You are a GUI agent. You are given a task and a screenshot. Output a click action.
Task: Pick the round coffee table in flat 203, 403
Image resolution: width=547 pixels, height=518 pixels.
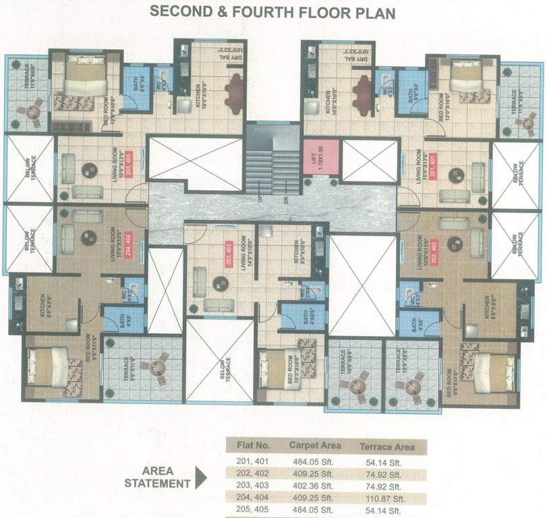click(x=220, y=283)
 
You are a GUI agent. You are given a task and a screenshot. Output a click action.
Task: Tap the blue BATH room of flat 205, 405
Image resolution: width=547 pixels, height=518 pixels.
click(x=133, y=85)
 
